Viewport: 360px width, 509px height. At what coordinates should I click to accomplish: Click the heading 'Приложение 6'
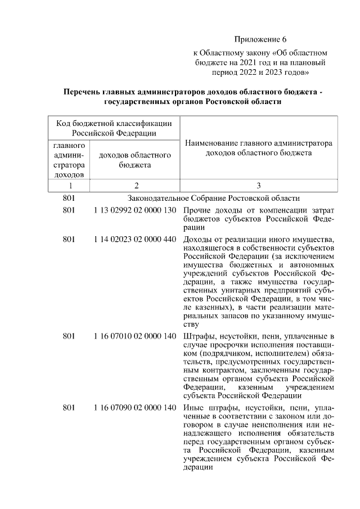[x=260, y=39]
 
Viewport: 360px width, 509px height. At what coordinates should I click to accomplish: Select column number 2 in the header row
[x=135, y=186]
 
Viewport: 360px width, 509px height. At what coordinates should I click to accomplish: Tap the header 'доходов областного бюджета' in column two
[x=135, y=160]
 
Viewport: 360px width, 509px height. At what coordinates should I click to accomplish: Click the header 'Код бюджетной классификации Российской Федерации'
[x=114, y=127]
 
